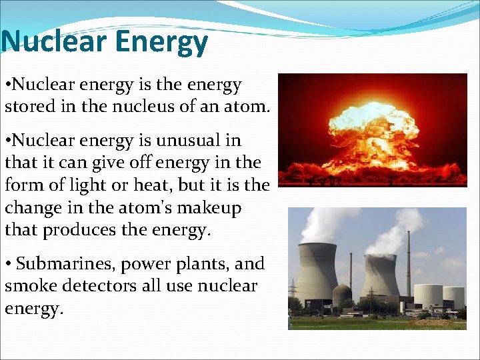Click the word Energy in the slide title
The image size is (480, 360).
(x=161, y=42)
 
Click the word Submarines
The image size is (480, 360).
(x=67, y=265)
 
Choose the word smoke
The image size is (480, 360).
(x=25, y=287)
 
